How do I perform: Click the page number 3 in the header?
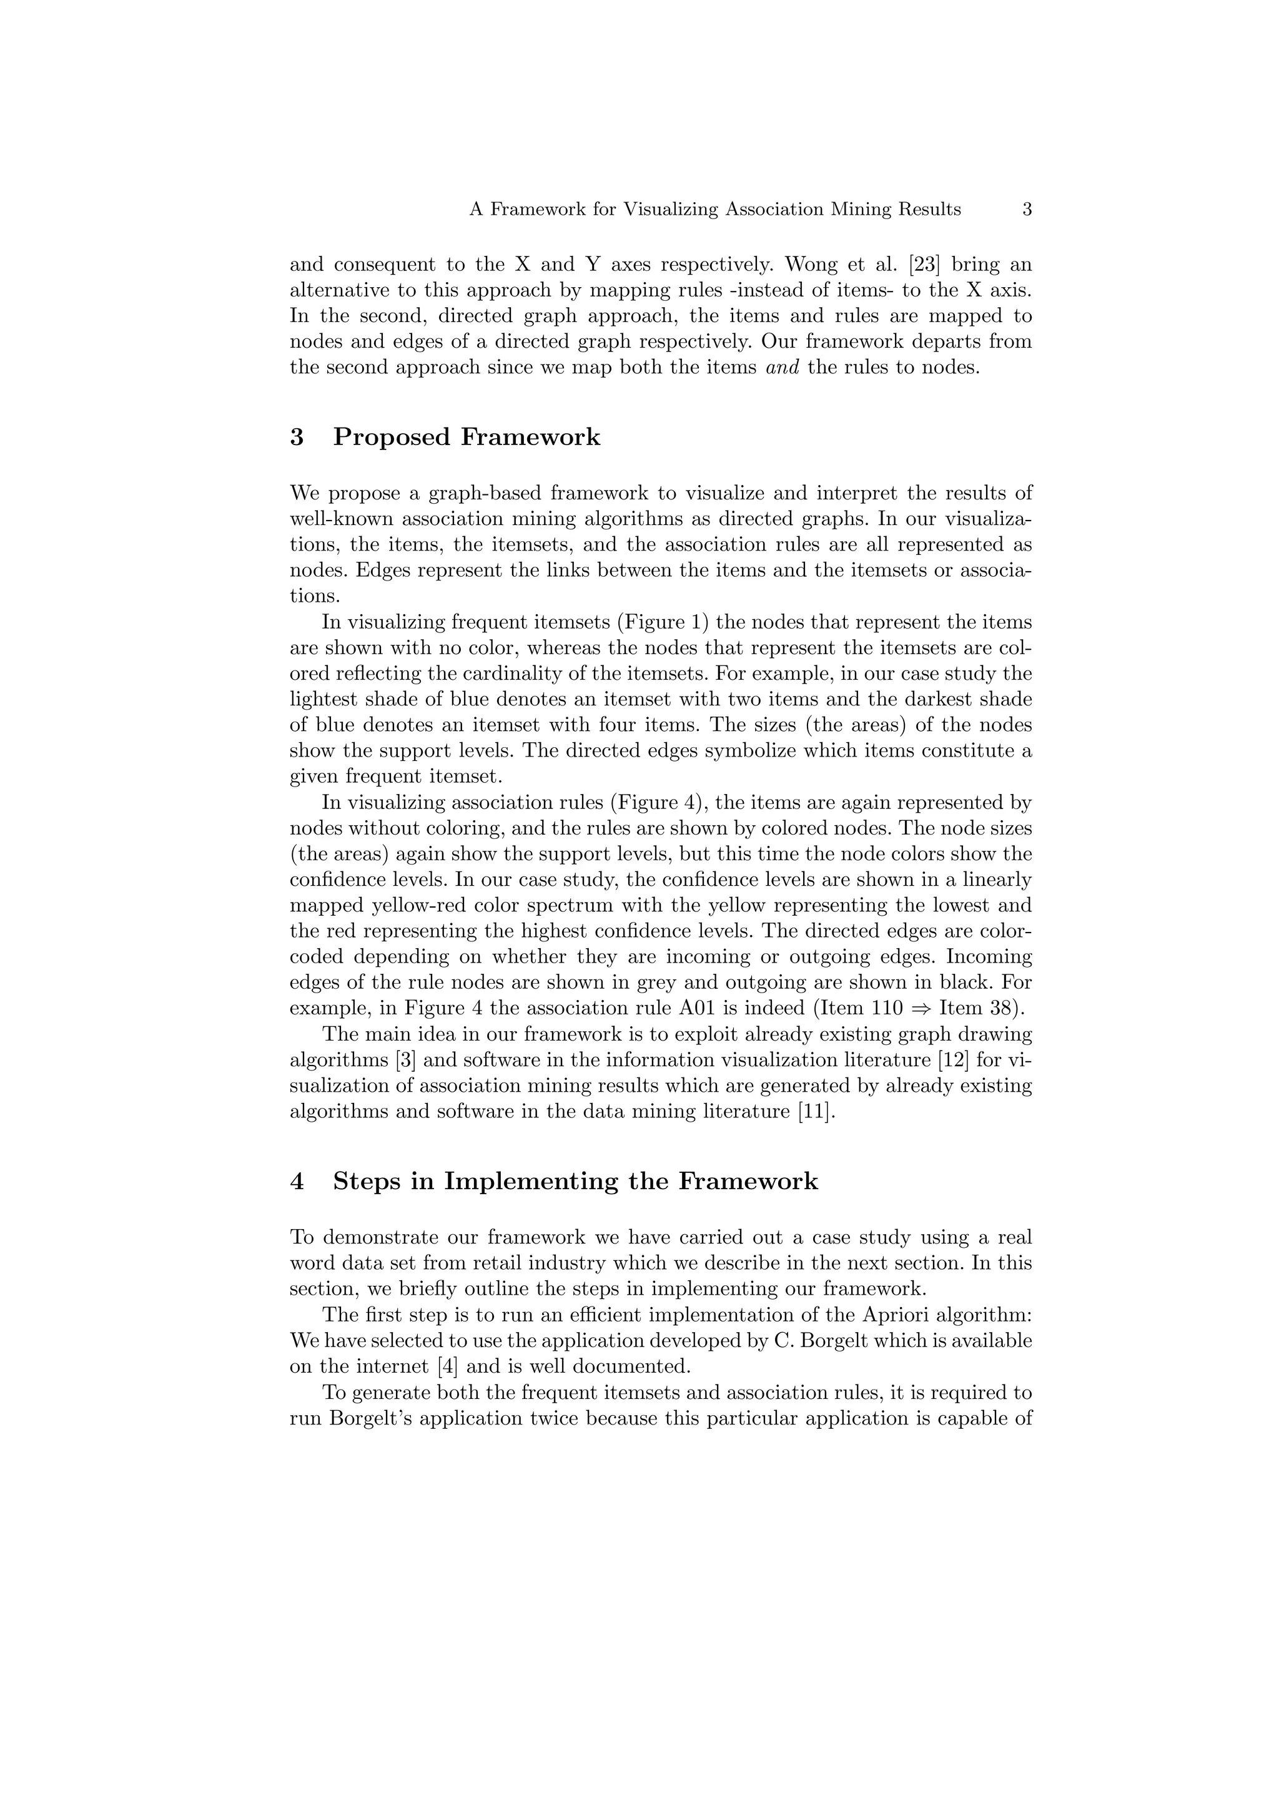click(x=1027, y=210)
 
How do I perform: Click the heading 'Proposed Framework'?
click(x=467, y=438)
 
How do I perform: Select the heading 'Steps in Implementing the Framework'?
click(x=575, y=1182)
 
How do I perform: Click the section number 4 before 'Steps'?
click(x=297, y=1182)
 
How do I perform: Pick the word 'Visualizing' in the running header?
click(x=671, y=210)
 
